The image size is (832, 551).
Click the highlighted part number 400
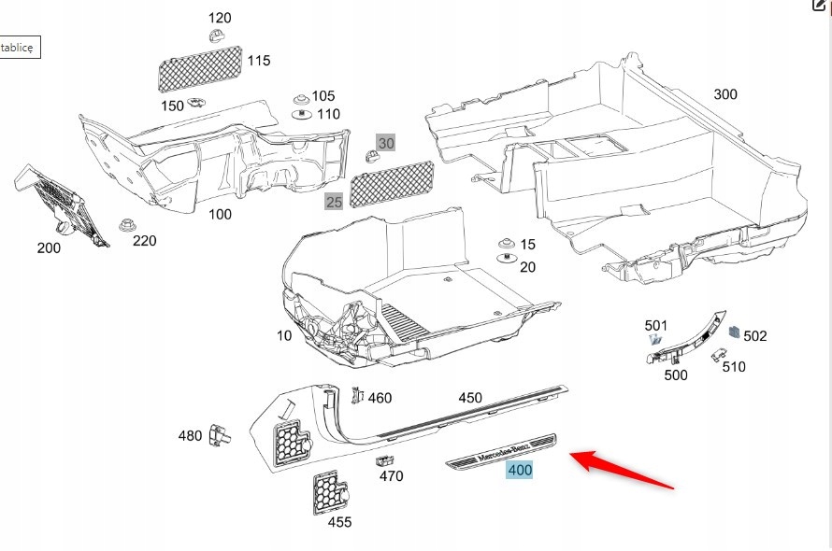coord(520,470)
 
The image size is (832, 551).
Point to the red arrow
coord(621,470)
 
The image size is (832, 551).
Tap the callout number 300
coord(724,94)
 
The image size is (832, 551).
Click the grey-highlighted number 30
coord(386,143)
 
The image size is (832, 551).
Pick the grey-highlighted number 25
coord(334,202)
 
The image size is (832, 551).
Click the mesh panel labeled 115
coord(198,68)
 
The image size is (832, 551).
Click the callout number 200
coord(49,247)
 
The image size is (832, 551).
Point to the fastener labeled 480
coord(220,434)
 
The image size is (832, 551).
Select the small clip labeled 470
coord(383,459)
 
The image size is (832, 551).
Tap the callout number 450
coord(470,398)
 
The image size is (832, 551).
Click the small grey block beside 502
coord(735,332)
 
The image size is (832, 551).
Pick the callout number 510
coord(734,367)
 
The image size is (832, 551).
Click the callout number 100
coord(220,215)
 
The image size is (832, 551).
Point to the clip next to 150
coord(197,102)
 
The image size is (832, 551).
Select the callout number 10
coord(284,335)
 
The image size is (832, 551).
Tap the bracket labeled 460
coord(356,395)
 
